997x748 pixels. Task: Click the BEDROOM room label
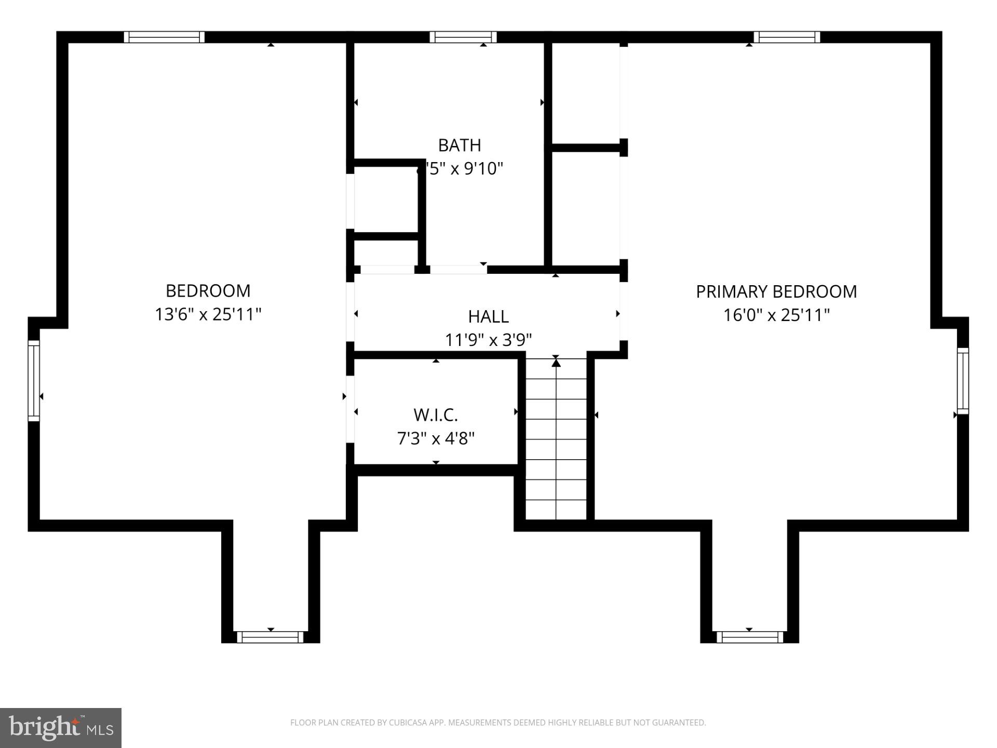(208, 291)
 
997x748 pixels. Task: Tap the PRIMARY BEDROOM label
(776, 292)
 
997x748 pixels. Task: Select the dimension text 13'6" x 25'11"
(208, 315)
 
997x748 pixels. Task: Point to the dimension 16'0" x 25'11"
(776, 315)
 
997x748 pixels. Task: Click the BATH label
(459, 145)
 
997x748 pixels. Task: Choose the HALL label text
(488, 316)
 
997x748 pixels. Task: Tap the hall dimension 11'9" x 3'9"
(488, 340)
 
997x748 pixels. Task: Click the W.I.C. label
(435, 415)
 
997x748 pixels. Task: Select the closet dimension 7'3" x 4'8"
(435, 439)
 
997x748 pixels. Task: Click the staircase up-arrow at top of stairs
(556, 363)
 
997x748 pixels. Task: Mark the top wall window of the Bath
(463, 37)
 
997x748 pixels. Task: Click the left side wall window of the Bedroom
(34, 381)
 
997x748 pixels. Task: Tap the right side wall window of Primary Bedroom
(963, 381)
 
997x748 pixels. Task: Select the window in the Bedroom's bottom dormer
(270, 637)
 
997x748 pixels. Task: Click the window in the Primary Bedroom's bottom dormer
(749, 637)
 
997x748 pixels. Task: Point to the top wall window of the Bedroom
(164, 37)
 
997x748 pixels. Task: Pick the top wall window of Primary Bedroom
(787, 37)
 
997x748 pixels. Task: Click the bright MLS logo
(61, 728)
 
